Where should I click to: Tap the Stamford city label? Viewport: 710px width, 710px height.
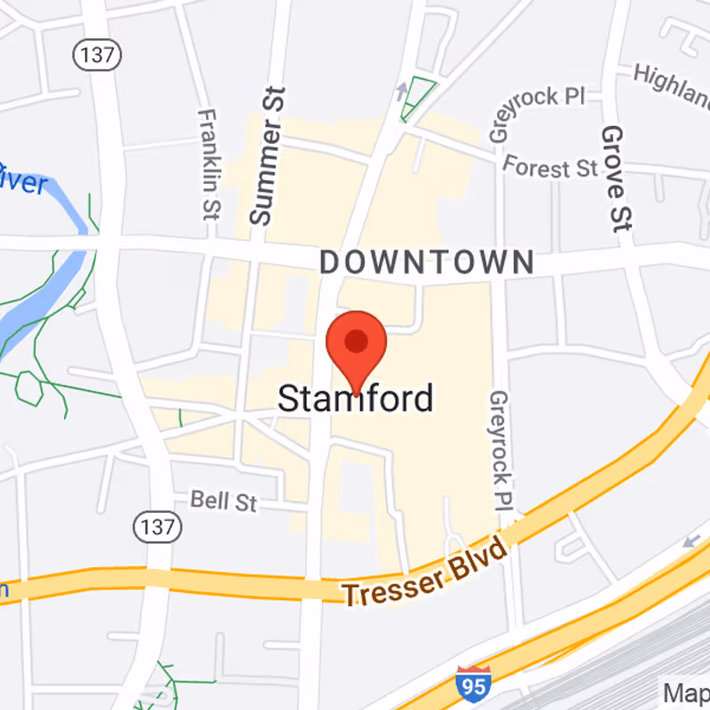356,398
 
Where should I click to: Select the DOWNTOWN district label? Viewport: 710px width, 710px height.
427,262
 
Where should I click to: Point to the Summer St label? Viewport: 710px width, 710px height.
266,156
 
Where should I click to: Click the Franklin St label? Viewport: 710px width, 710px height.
209,164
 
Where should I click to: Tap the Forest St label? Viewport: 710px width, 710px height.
550,166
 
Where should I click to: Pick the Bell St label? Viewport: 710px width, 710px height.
224,501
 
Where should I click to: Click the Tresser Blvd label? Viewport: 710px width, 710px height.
425,576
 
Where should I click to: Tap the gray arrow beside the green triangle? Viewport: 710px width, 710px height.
402,89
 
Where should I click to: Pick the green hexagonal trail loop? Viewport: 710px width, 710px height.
29,388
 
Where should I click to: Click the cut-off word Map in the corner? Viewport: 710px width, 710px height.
687,692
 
